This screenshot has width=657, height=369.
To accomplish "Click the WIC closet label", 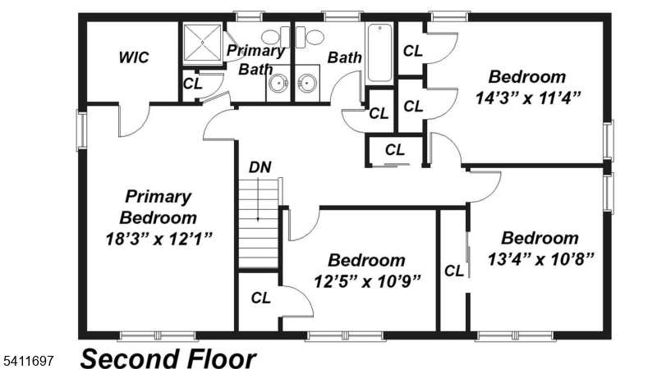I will [133, 57].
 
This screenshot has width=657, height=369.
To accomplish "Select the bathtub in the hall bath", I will [380, 54].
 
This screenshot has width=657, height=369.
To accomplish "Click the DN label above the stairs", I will [260, 168].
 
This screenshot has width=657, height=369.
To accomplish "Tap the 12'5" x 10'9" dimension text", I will [366, 280].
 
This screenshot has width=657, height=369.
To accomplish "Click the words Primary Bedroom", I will [158, 207].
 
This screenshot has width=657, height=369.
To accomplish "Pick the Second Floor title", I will [168, 358].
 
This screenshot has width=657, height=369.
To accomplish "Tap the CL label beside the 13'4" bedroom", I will [453, 271].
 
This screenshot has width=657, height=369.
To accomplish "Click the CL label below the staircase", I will [261, 297].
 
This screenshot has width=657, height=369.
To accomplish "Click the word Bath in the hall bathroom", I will [345, 57].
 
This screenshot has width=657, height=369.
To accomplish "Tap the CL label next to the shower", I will [193, 83].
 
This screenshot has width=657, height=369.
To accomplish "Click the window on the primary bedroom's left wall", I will [81, 130].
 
